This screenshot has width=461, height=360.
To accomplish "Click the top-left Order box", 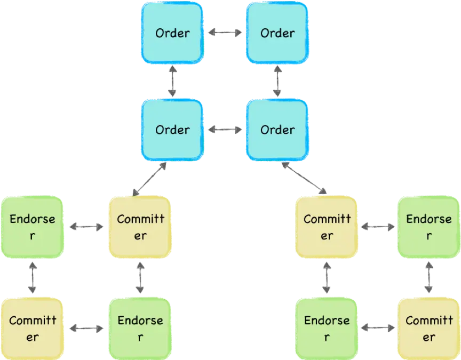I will point(172,33).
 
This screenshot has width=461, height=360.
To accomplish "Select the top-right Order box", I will point(277,33).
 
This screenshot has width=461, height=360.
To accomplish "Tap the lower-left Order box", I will point(172,130).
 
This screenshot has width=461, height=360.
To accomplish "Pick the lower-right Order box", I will point(277,130).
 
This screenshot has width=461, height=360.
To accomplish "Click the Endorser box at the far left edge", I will point(33,227).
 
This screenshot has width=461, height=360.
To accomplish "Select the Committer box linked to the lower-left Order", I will point(140,227).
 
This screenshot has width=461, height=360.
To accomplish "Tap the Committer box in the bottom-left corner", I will point(33,329).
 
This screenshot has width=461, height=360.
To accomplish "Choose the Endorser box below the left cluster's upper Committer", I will point(140,329).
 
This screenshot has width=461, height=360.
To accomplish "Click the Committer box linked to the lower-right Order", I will point(327,227).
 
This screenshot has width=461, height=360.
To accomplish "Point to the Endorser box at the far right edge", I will point(428,227).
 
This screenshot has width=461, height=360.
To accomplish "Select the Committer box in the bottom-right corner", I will point(428,329).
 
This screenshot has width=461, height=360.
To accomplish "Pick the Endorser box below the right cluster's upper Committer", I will point(327,329).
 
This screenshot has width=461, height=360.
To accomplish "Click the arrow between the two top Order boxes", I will point(224,33).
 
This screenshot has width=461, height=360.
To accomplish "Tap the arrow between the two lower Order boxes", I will point(224,130).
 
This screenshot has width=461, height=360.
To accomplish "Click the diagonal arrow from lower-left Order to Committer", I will point(149,179).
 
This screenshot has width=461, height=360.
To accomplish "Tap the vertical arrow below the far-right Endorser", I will point(429,277).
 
